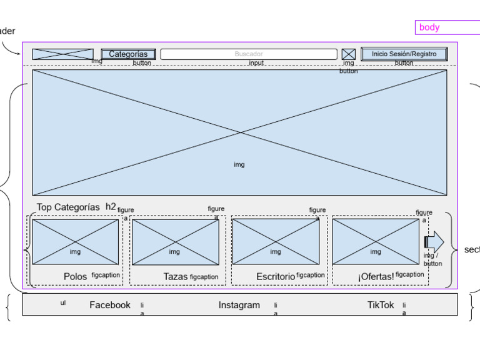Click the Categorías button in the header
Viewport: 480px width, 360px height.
(128, 54)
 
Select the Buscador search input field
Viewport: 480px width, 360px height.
(249, 54)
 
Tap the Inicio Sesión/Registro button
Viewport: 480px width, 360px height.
(404, 54)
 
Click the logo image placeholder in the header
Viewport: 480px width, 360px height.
(62, 54)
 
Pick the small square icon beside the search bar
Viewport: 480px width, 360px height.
(348, 54)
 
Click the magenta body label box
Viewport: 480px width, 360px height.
(447, 27)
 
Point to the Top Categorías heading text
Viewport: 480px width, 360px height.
(67, 207)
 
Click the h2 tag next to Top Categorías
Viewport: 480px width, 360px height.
(111, 206)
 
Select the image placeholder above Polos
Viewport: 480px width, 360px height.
(75, 241)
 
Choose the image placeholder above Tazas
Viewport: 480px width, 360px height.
(175, 241)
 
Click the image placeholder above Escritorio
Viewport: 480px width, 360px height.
(276, 241)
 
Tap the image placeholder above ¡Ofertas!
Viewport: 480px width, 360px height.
(375, 241)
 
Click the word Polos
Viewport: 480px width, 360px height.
(75, 276)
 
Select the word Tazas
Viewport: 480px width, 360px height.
(175, 276)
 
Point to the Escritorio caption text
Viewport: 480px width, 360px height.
(275, 276)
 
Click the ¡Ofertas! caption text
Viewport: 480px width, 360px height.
(376, 276)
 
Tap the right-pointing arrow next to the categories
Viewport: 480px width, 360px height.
(434, 241)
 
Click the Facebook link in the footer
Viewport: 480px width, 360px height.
(110, 305)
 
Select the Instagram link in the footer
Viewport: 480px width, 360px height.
(239, 305)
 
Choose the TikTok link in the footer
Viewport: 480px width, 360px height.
(381, 305)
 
